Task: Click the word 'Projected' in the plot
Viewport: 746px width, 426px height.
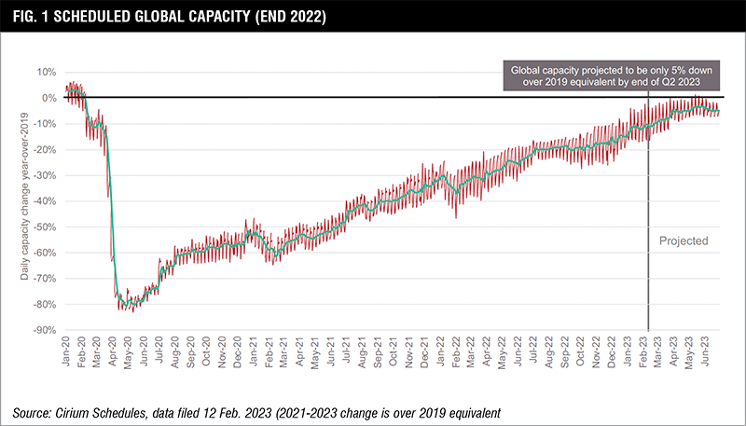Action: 684,240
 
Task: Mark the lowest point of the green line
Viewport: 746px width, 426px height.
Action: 131,306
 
